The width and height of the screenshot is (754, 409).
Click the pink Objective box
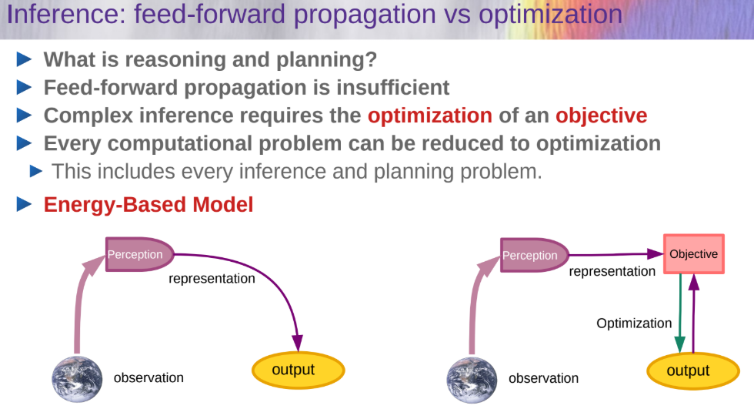click(x=693, y=254)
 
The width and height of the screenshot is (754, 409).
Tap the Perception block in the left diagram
click(x=139, y=254)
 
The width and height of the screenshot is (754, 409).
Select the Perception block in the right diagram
click(x=534, y=255)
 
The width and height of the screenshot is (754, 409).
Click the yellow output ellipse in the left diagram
click(x=299, y=370)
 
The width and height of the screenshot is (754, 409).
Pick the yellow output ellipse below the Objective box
click(x=693, y=371)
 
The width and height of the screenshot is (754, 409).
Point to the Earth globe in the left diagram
click(x=77, y=379)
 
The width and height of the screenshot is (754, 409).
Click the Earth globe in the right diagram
click(x=472, y=380)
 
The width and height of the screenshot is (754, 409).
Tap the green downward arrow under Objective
click(x=680, y=313)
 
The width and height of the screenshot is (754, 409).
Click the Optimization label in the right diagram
click(x=634, y=324)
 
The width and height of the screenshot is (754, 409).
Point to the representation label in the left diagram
click(x=212, y=279)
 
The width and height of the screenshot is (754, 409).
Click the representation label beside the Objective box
click(x=612, y=271)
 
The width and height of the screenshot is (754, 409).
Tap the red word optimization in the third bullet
click(x=430, y=116)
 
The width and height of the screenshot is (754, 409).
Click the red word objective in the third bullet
click(x=601, y=116)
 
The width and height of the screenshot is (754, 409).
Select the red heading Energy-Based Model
click(x=148, y=205)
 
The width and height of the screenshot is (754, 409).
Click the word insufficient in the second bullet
click(x=392, y=88)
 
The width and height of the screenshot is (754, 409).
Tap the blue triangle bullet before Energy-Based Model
click(x=24, y=205)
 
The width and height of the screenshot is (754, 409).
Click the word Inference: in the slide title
click(x=66, y=14)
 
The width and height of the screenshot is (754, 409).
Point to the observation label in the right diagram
click(x=543, y=378)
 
